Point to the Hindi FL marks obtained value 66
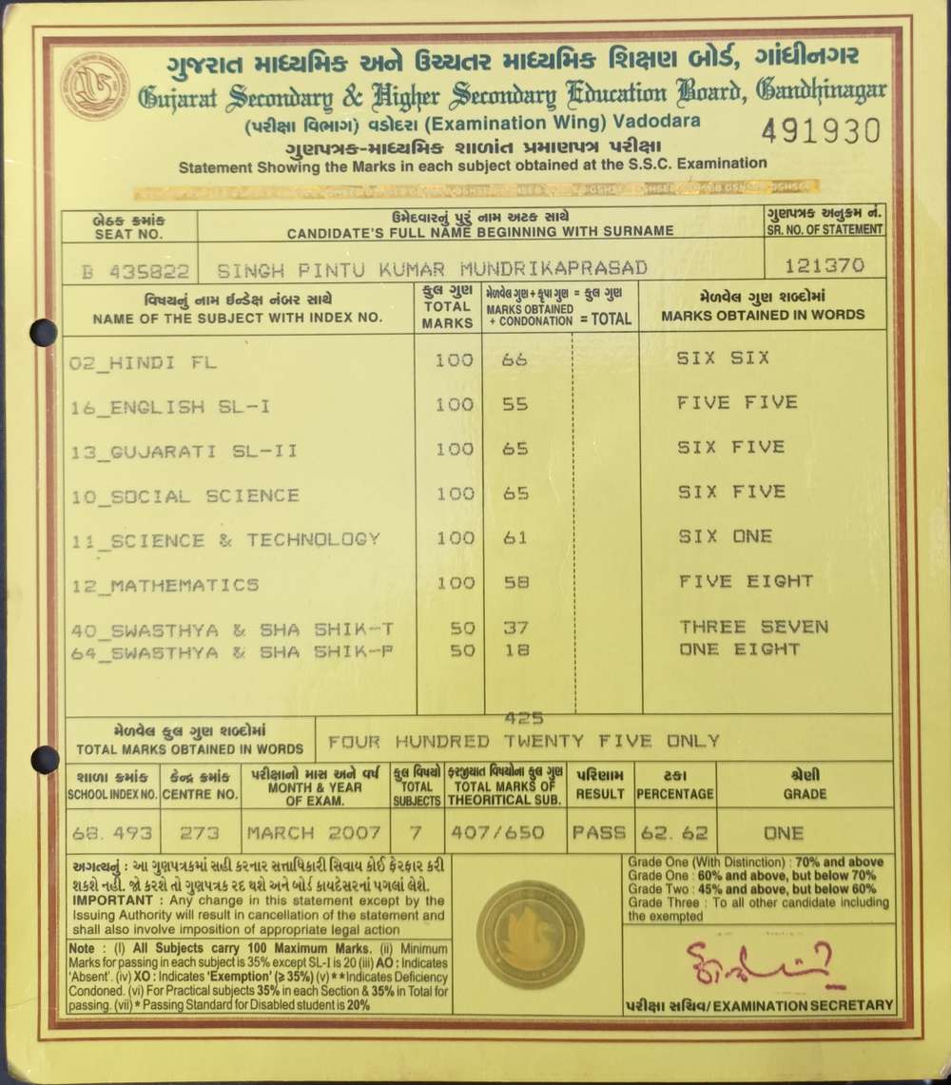(x=514, y=359)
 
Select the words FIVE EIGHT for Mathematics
(x=746, y=581)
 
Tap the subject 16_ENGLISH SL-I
(x=171, y=407)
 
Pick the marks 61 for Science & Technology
(x=514, y=538)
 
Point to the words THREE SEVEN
(x=753, y=627)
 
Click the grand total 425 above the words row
(x=519, y=719)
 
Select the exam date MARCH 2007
(x=314, y=833)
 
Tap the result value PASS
(x=598, y=833)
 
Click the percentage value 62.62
(x=674, y=833)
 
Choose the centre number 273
(x=199, y=833)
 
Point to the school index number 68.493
(x=112, y=833)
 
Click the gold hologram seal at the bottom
(x=530, y=933)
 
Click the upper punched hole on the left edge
(x=44, y=332)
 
